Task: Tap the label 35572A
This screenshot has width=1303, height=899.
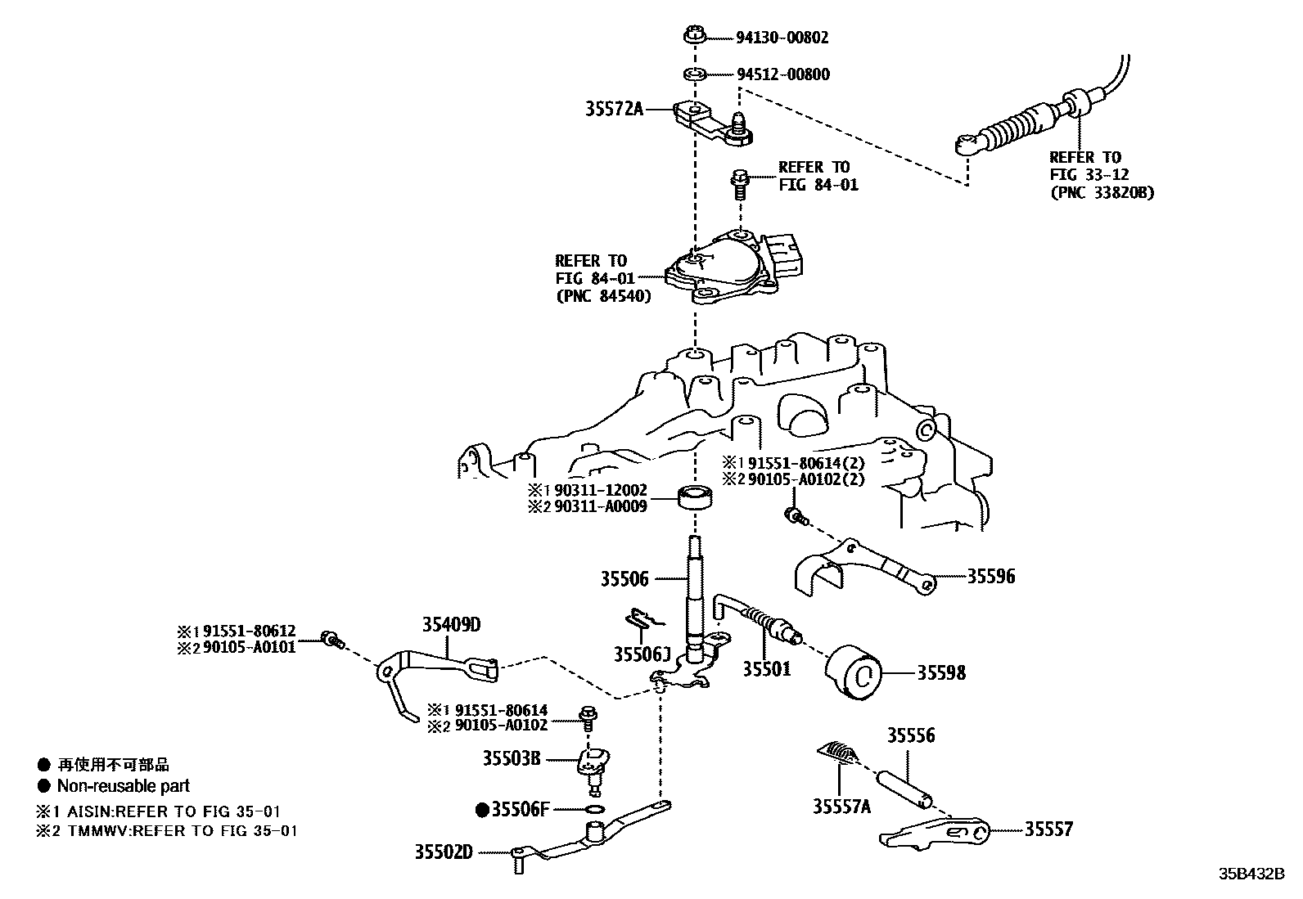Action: (x=614, y=108)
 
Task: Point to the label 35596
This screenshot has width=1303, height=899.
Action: (x=990, y=577)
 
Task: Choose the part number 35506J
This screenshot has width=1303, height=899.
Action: (x=642, y=654)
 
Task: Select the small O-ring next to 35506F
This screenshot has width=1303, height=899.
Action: (x=596, y=810)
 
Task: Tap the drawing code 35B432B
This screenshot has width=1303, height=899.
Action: (x=1252, y=873)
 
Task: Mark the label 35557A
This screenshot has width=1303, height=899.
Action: (x=841, y=807)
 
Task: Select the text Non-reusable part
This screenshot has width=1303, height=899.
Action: (x=123, y=786)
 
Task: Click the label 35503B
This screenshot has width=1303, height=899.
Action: (x=511, y=758)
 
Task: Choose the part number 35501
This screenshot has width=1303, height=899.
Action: (x=766, y=669)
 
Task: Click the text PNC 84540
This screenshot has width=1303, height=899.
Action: (x=603, y=296)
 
